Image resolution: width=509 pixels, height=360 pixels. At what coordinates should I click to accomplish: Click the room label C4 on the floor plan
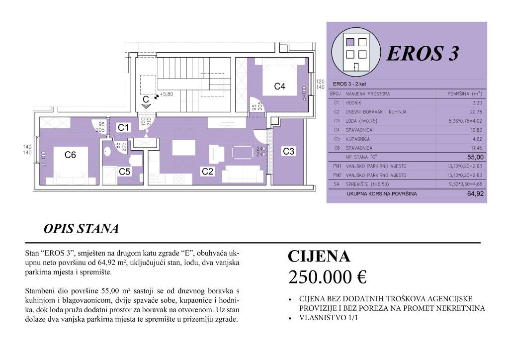click(x=280, y=87)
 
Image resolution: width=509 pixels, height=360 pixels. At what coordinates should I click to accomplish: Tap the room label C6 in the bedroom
click(x=70, y=155)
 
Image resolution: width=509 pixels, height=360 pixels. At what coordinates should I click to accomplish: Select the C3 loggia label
click(x=289, y=152)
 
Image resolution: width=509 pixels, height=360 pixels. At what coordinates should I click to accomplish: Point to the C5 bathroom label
click(x=125, y=172)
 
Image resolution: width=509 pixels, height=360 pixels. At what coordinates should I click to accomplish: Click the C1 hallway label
click(x=123, y=128)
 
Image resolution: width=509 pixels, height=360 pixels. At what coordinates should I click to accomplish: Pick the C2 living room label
click(x=208, y=172)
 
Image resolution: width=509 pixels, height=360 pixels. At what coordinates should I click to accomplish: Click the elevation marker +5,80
click(x=166, y=94)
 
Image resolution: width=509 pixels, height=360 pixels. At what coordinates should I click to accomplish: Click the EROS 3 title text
click(x=422, y=53)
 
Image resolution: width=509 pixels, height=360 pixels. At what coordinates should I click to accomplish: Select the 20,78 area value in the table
click(x=476, y=112)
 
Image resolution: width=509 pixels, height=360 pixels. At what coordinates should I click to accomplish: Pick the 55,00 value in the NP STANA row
click(x=476, y=157)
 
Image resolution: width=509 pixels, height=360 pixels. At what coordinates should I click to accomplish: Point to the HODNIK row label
click(x=357, y=103)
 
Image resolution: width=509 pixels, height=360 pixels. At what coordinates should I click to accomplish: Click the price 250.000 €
click(x=327, y=277)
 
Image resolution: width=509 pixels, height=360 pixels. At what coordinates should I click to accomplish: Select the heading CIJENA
click(x=319, y=256)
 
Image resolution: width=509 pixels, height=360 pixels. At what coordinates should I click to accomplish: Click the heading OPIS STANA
click(x=81, y=229)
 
